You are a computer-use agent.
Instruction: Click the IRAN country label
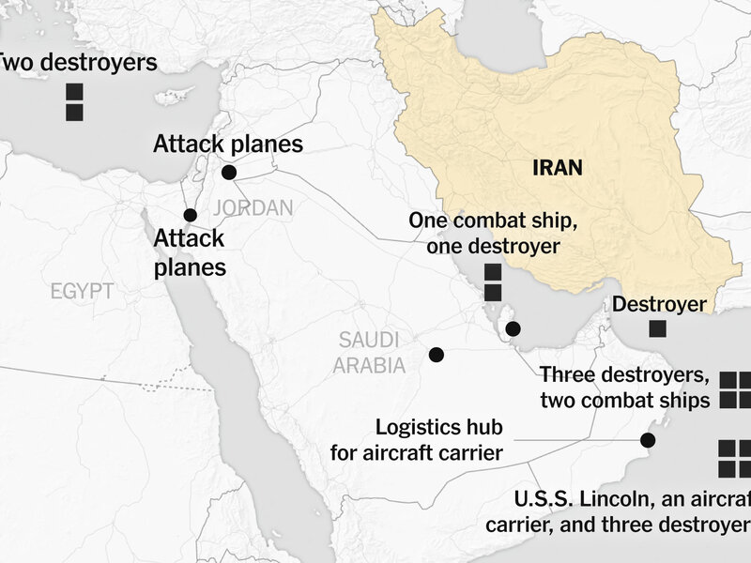[x=557, y=168]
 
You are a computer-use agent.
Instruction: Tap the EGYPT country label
[x=83, y=292]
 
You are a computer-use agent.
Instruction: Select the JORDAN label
[x=253, y=207]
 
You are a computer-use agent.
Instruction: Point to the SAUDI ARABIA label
[x=370, y=351]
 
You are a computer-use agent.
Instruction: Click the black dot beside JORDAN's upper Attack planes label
[x=228, y=173]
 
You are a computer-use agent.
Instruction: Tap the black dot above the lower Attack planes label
[x=191, y=215]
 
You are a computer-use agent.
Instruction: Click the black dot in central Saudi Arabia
[x=436, y=355]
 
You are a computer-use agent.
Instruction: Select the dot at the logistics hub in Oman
[x=647, y=439]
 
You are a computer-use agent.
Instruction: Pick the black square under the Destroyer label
[x=659, y=329]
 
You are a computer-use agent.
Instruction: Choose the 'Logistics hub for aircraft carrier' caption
[x=417, y=440]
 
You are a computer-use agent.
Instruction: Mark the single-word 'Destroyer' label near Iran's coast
[x=658, y=304]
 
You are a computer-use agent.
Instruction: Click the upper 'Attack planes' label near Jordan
[x=228, y=144]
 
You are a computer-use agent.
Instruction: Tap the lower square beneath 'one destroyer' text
[x=492, y=293]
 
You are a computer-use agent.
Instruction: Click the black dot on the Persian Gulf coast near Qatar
[x=513, y=328]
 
